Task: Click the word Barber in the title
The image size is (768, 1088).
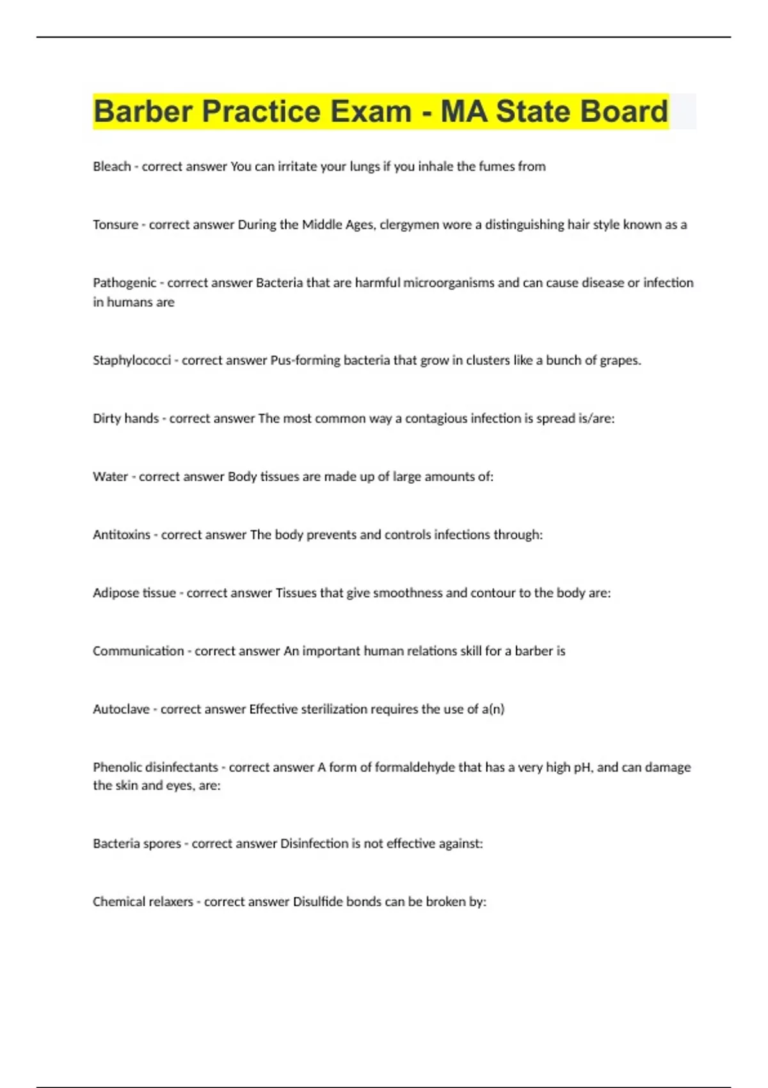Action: (x=143, y=111)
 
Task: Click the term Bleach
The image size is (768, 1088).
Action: (x=112, y=166)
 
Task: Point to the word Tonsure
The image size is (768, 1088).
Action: (x=115, y=225)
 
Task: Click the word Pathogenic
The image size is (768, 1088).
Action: (x=124, y=283)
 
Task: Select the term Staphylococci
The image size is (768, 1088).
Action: (x=132, y=360)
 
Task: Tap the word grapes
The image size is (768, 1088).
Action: (x=620, y=360)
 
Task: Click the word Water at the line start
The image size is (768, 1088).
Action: (x=110, y=477)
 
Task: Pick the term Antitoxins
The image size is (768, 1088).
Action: (x=122, y=535)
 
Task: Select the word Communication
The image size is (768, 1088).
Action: (x=138, y=651)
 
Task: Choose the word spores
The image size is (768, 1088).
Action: (x=163, y=844)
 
